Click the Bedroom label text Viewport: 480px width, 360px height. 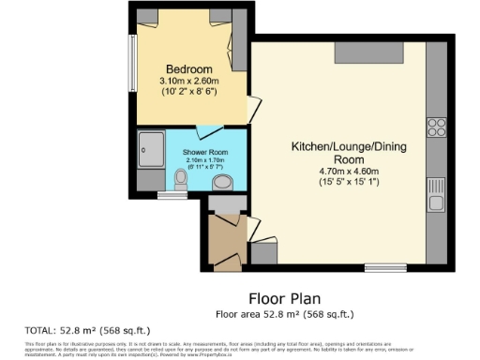[x=189, y=69]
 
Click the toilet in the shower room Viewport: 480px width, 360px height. [x=181, y=177]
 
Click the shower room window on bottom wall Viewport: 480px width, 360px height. [x=171, y=196]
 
